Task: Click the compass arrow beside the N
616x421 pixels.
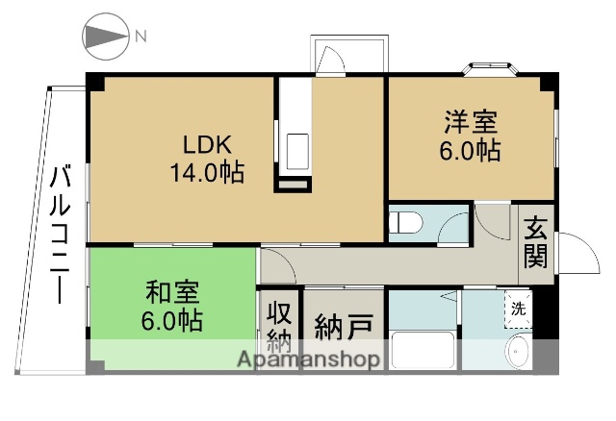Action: (x=105, y=37)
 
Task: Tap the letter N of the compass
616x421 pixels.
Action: (x=141, y=37)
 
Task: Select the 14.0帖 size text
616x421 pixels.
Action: (x=207, y=174)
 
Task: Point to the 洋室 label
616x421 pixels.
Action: (x=471, y=123)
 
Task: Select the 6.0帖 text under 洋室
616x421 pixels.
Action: (x=471, y=151)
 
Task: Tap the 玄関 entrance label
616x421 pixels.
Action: (x=536, y=242)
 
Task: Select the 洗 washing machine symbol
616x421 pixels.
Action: (x=518, y=309)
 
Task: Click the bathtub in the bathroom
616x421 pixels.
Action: (x=423, y=350)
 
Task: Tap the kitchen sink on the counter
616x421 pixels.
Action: (x=296, y=150)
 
